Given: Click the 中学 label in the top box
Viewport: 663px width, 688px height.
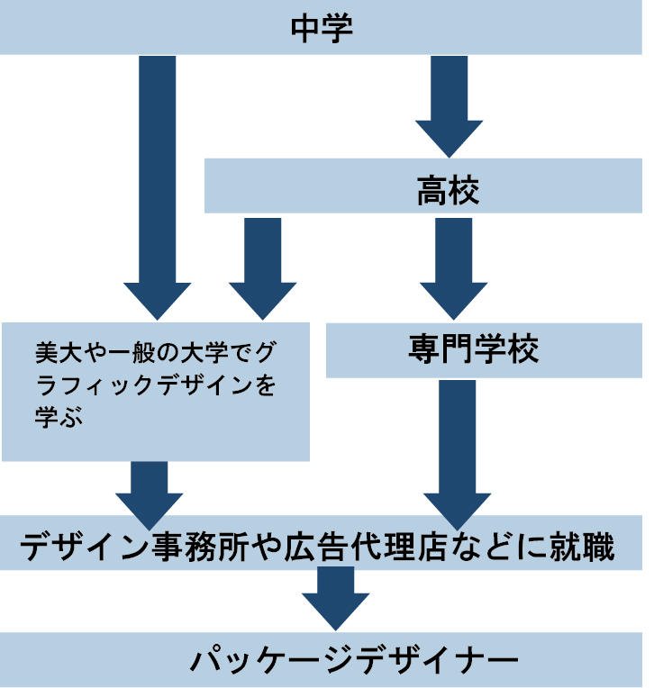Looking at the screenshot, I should pos(322,27).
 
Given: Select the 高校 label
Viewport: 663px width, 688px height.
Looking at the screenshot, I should pos(448,190).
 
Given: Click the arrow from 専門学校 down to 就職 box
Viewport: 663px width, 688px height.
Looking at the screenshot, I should pos(457,450).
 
